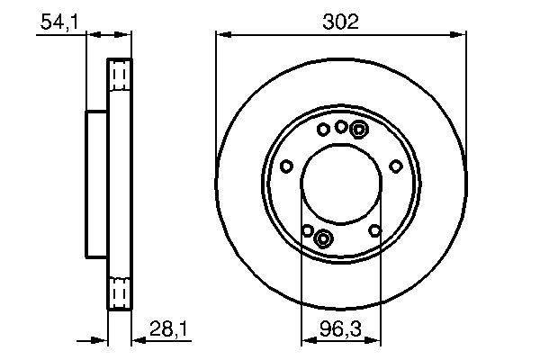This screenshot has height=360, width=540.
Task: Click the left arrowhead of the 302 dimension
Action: click(221, 35)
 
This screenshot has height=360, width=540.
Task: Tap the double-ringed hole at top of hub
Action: click(358, 130)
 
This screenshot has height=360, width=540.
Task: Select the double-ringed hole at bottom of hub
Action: click(324, 238)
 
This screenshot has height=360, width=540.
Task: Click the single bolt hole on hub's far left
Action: click(286, 166)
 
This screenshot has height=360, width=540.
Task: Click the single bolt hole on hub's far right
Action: click(395, 166)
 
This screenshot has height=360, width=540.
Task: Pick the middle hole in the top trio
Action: click(341, 127)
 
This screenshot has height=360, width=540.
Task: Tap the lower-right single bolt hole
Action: click(374, 230)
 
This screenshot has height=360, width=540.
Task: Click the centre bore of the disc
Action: click(341, 184)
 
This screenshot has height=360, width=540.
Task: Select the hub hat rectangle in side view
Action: click(96, 184)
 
